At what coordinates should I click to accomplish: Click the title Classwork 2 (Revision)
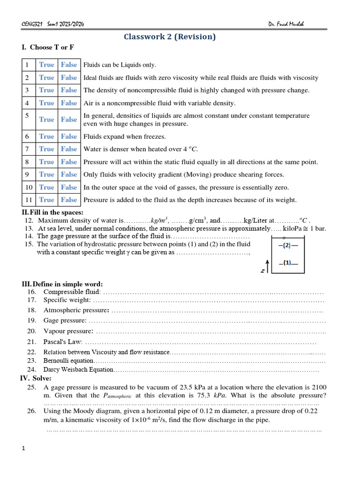pyautogui.click(x=170, y=37)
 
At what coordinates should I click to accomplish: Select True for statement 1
pyautogui.click(x=46, y=65)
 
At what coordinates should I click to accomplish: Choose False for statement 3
pyautogui.click(x=69, y=90)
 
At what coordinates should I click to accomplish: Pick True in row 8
pyautogui.click(x=46, y=162)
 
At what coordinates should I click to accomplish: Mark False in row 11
pyautogui.click(x=69, y=200)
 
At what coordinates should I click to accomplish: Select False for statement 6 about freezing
pyautogui.click(x=69, y=136)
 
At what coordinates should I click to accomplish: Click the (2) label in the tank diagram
pyautogui.click(x=288, y=245)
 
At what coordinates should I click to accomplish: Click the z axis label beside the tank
pyautogui.click(x=263, y=270)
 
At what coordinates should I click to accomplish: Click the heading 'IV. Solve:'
pyautogui.click(x=36, y=378)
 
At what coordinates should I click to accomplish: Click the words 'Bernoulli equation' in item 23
pyautogui.click(x=68, y=360)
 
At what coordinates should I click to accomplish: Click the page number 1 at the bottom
pyautogui.click(x=23, y=449)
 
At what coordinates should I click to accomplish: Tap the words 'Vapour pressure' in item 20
pyautogui.click(x=68, y=331)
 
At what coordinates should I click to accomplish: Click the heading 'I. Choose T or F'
pyautogui.click(x=48, y=47)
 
